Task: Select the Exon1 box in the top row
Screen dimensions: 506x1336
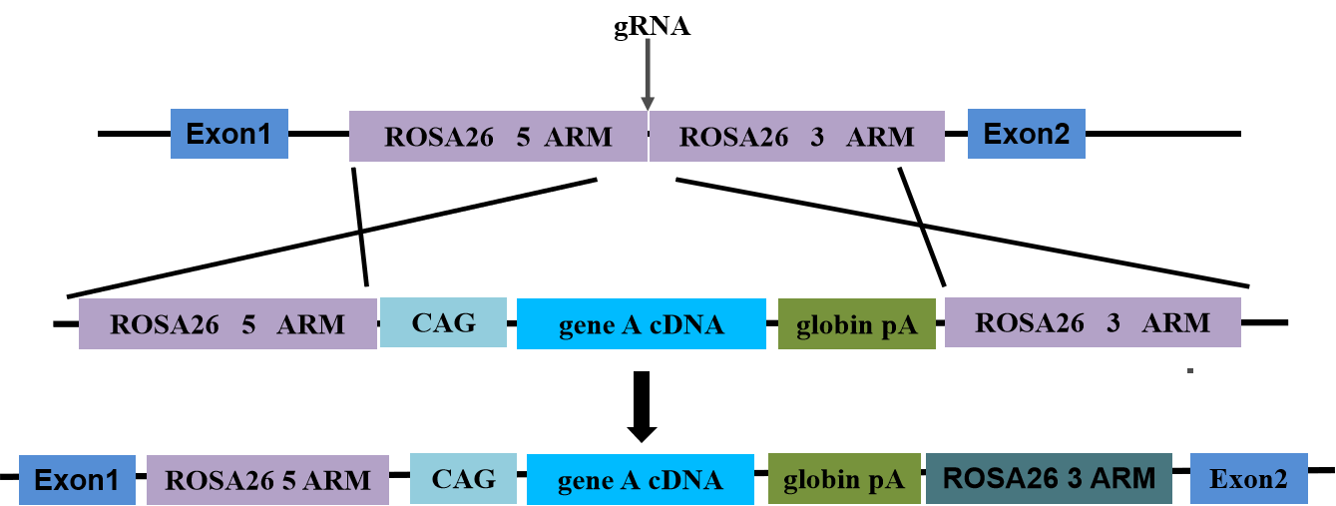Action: (229, 134)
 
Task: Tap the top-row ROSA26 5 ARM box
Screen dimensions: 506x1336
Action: (498, 137)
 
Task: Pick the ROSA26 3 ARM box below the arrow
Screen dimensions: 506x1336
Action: (796, 137)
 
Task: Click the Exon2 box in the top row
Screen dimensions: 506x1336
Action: (1026, 134)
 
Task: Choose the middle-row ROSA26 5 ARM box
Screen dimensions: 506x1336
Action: (227, 324)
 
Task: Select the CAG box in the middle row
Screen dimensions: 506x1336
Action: (444, 322)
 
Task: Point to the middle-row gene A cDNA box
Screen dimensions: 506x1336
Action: (641, 324)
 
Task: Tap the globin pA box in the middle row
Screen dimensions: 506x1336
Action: (856, 324)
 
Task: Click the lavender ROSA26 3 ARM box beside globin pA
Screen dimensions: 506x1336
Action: (1093, 322)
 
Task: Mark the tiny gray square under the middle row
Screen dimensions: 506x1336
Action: (1189, 370)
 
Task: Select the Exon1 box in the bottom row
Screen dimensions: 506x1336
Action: (77, 480)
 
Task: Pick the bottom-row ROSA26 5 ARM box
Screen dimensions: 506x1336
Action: (267, 480)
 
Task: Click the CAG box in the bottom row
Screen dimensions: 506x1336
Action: (463, 479)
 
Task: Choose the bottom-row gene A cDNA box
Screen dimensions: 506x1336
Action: (640, 480)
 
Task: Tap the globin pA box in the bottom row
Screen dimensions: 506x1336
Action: (844, 480)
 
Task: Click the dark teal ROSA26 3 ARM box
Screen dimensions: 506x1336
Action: (1049, 479)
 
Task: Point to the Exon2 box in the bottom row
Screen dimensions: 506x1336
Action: (1248, 479)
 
